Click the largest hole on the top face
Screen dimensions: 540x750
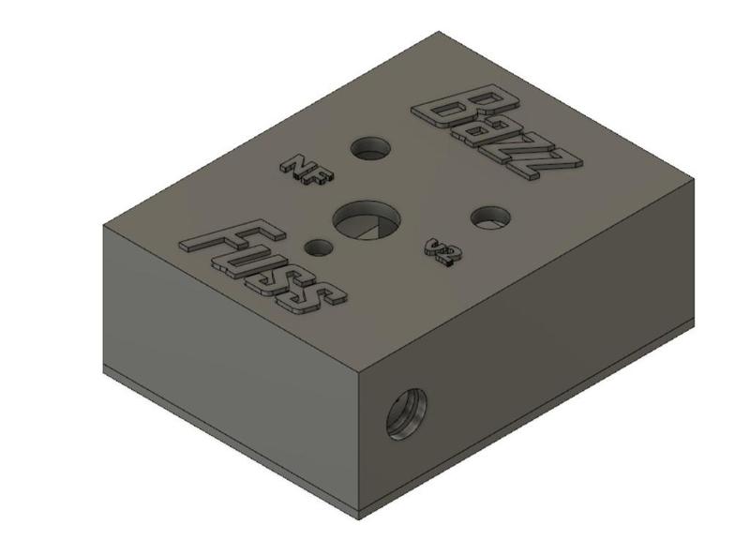pos(366,222)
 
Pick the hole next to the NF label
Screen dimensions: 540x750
pos(371,147)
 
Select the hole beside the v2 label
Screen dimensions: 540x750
pos(489,217)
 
